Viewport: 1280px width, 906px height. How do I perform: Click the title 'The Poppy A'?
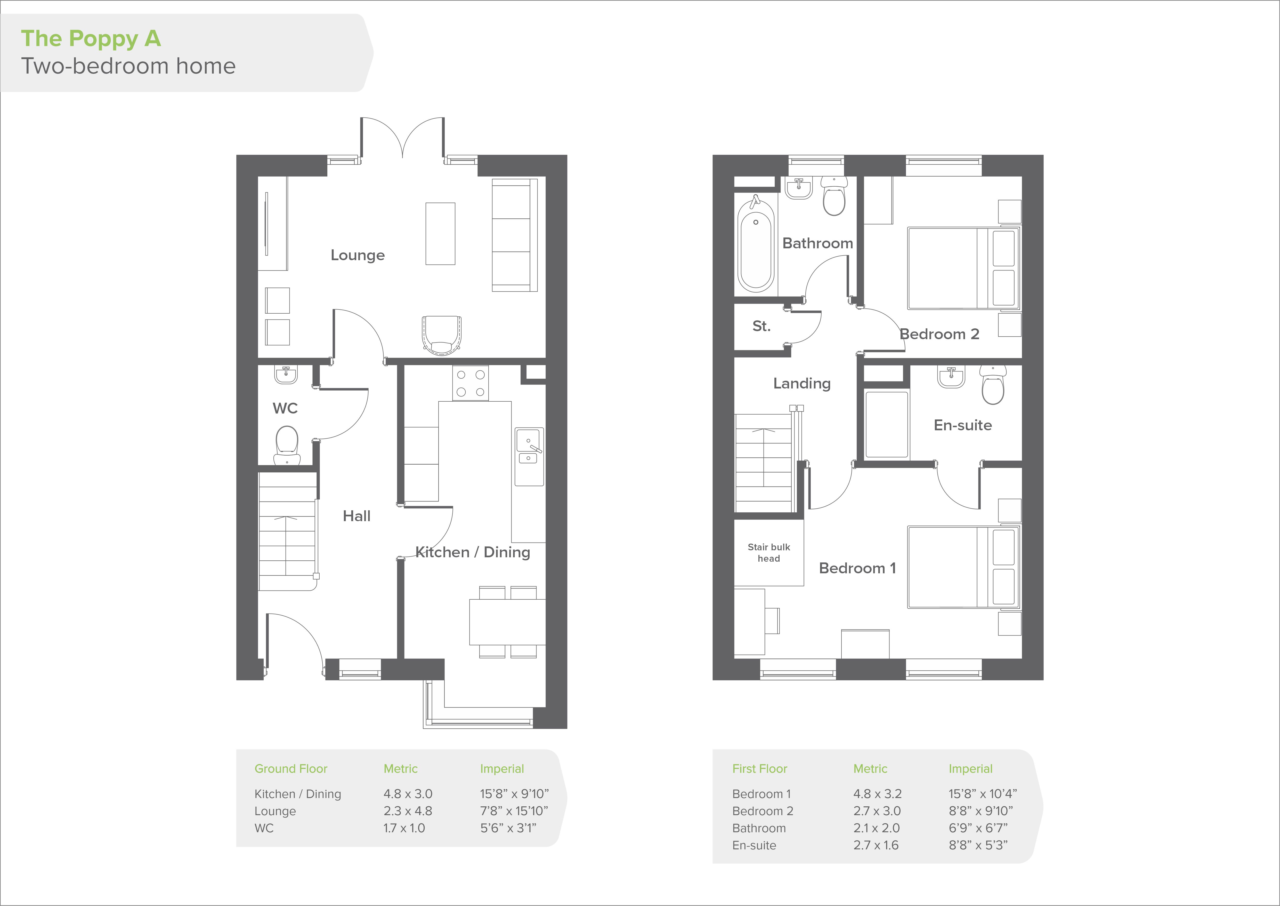tap(91, 38)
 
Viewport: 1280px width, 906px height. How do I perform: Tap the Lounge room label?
tap(357, 255)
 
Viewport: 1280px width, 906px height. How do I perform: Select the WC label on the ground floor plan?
tap(285, 408)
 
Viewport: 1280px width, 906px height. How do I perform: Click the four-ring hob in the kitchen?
tap(471, 383)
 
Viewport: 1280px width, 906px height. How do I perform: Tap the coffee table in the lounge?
tap(440, 233)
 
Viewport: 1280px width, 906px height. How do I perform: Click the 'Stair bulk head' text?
tap(769, 553)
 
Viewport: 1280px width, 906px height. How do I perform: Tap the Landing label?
tap(802, 383)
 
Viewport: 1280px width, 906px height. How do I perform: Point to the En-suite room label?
tap(963, 425)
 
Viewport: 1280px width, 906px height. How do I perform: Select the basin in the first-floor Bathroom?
tap(799, 188)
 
